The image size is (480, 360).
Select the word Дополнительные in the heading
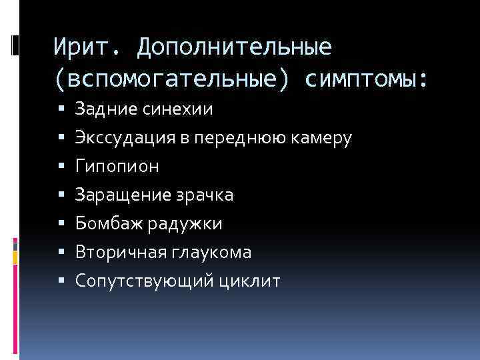[234, 46]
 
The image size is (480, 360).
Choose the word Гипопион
[117, 167]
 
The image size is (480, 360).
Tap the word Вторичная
[113, 253]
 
